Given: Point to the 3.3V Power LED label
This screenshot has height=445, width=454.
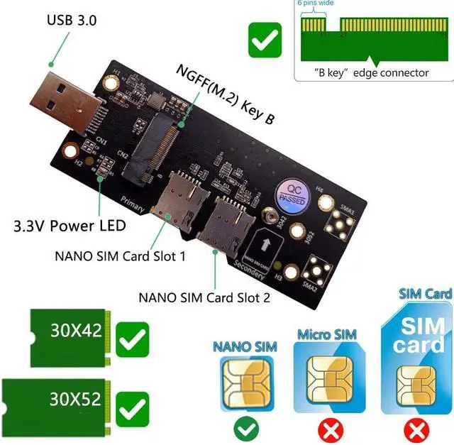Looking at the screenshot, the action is [70, 227].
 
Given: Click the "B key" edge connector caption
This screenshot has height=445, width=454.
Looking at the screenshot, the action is [372, 73].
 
